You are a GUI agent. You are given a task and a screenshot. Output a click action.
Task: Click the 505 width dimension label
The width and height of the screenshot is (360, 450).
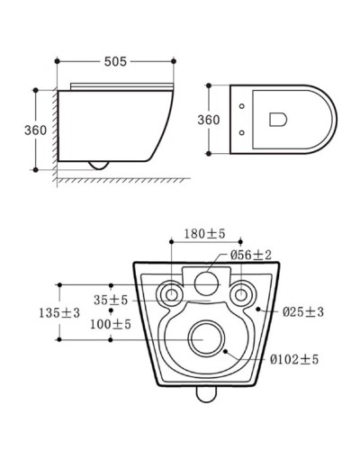click(115, 61)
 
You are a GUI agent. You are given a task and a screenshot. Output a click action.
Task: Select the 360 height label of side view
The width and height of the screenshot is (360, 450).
click(35, 130)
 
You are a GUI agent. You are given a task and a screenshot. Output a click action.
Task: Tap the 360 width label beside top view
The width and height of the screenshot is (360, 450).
click(209, 120)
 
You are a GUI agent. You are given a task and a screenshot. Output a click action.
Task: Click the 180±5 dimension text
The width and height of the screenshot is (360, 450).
click(204, 234)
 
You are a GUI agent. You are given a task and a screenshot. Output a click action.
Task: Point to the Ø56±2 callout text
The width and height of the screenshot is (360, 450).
click(251, 255)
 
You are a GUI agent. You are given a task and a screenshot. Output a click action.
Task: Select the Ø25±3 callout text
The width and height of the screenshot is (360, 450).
click(303, 312)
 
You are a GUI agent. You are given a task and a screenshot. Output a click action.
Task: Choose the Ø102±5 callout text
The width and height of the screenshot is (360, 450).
click(294, 359)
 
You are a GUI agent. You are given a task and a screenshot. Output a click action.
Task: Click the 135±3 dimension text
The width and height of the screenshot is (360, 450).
click(59, 313)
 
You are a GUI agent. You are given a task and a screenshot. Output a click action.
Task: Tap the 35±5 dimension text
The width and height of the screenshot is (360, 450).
click(111, 300)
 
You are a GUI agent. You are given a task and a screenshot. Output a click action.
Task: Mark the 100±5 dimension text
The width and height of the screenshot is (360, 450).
click(111, 324)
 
